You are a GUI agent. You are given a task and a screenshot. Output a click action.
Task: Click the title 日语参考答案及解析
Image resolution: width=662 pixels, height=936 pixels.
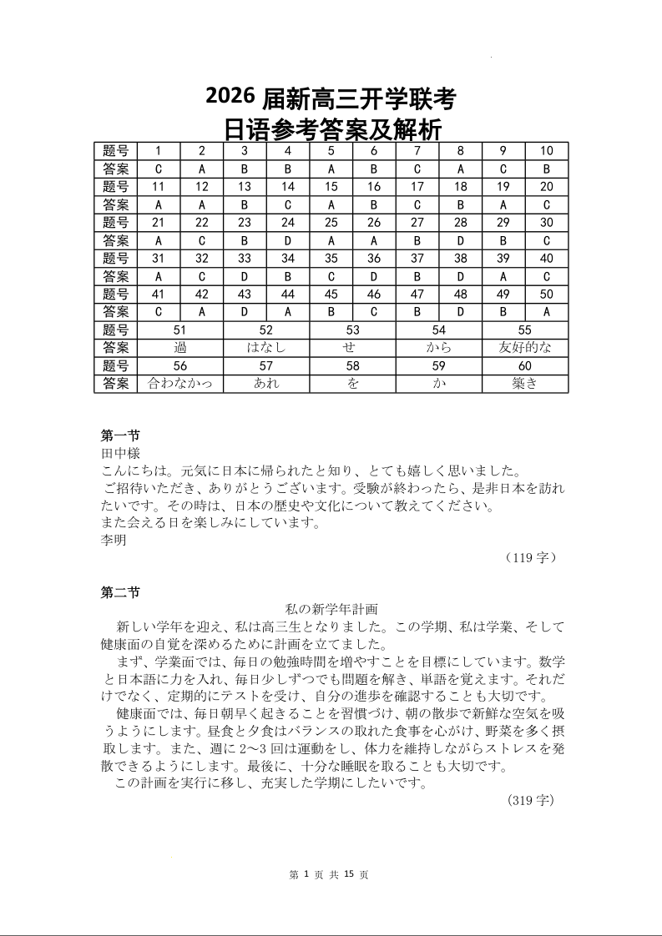pyautogui.click(x=331, y=129)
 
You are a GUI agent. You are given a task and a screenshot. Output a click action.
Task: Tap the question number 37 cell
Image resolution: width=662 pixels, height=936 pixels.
pyautogui.click(x=417, y=259)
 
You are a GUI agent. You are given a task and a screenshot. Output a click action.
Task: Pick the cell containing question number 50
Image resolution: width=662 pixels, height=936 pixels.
pyautogui.click(x=547, y=294)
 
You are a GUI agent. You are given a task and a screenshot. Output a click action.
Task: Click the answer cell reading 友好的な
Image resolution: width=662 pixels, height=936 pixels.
pyautogui.click(x=525, y=348)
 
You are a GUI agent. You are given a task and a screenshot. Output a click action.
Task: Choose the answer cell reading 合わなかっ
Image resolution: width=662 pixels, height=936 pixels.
pyautogui.click(x=180, y=384)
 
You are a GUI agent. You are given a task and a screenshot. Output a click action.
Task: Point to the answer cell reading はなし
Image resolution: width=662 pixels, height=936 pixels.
pyautogui.click(x=266, y=348)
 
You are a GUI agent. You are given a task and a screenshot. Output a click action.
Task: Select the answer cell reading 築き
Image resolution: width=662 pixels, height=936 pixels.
pyautogui.click(x=525, y=384)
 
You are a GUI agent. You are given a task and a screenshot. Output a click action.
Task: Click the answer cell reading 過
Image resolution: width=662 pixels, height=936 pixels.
pyautogui.click(x=180, y=348)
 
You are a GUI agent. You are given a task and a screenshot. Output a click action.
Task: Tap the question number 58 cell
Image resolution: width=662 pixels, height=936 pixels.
pyautogui.click(x=353, y=366)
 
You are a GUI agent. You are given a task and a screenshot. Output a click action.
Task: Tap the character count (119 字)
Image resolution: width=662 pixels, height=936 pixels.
pyautogui.click(x=531, y=557)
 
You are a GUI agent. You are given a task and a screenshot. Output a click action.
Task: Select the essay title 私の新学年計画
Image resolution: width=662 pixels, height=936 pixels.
pyautogui.click(x=332, y=610)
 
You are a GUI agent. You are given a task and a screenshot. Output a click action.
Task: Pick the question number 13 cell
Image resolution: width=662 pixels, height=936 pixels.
pyautogui.click(x=245, y=187)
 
